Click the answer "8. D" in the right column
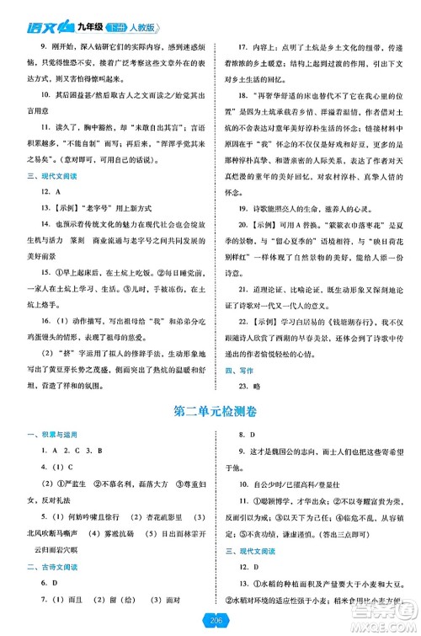click(245, 436)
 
